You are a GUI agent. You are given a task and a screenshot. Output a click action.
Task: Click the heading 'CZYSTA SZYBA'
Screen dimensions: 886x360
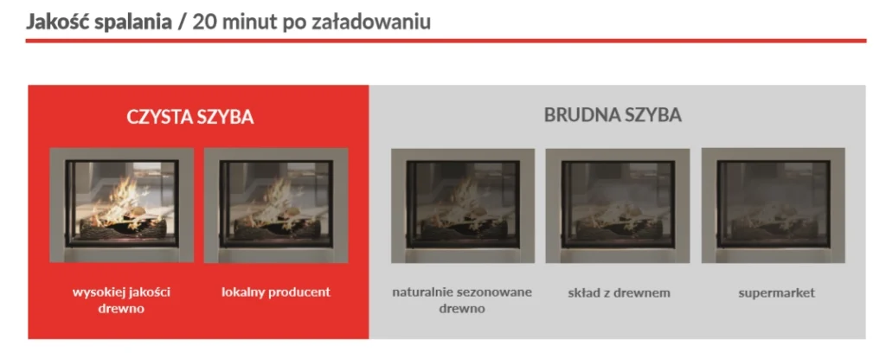189,117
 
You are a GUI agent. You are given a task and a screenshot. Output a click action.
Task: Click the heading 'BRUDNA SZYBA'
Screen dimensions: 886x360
613,115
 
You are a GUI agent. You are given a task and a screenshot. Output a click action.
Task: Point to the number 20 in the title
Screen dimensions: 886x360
202,22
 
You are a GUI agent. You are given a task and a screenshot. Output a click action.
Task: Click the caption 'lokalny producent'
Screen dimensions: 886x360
276,292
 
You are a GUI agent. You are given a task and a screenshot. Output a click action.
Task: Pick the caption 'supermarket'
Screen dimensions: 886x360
776,293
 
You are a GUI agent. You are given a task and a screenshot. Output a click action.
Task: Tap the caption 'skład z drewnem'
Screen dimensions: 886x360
619,292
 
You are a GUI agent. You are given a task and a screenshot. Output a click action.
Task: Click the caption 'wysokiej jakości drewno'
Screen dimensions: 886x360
121,300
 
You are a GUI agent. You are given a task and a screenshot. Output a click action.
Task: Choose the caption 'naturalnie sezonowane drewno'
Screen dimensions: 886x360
462,300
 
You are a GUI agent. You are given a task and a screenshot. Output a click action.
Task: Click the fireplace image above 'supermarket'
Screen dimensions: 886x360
773,205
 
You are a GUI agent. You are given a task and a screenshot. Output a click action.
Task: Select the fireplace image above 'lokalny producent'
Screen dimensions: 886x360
276,205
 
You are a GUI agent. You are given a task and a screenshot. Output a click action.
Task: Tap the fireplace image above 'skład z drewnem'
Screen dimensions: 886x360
618,206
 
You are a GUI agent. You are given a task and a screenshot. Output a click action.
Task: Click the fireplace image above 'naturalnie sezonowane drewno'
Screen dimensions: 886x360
463,206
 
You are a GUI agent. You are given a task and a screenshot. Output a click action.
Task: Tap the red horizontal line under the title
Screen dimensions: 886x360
446,41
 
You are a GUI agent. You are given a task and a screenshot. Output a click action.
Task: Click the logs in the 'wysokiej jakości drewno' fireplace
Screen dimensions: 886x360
123,228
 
